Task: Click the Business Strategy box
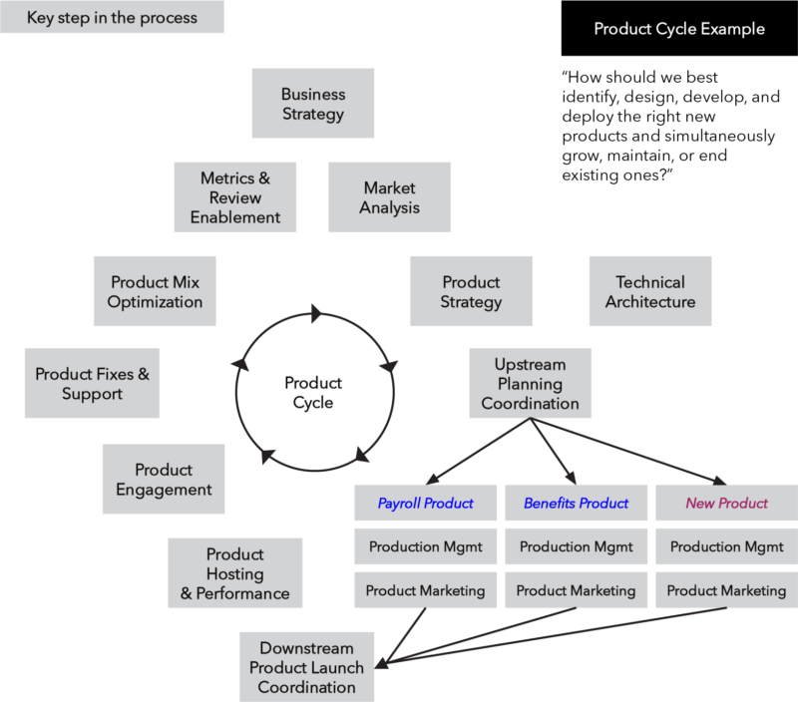pyautogui.click(x=313, y=104)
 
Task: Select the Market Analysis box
pyautogui.click(x=390, y=197)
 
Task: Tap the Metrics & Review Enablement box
pyautogui.click(x=235, y=197)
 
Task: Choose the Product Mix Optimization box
pyautogui.click(x=155, y=292)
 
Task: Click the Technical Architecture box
pyautogui.click(x=650, y=292)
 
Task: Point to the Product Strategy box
pyautogui.click(x=471, y=292)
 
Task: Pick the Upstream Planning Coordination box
pyautogui.click(x=530, y=384)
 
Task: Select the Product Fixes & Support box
pyautogui.click(x=92, y=384)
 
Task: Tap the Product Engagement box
pyautogui.click(x=164, y=480)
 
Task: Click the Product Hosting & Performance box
pyautogui.click(x=234, y=573)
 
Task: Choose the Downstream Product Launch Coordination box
pyautogui.click(x=306, y=667)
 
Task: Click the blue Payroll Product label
pyautogui.click(x=425, y=503)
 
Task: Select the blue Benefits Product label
pyautogui.click(x=576, y=503)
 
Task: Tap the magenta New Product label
pyautogui.click(x=726, y=503)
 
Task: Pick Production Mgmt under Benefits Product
pyautogui.click(x=576, y=546)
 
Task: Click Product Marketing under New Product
pyautogui.click(x=726, y=590)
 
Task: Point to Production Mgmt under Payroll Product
pyautogui.click(x=425, y=546)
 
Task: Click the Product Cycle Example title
pyautogui.click(x=679, y=29)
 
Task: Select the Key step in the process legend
pyautogui.click(x=112, y=18)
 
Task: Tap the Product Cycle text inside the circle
pyautogui.click(x=313, y=393)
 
